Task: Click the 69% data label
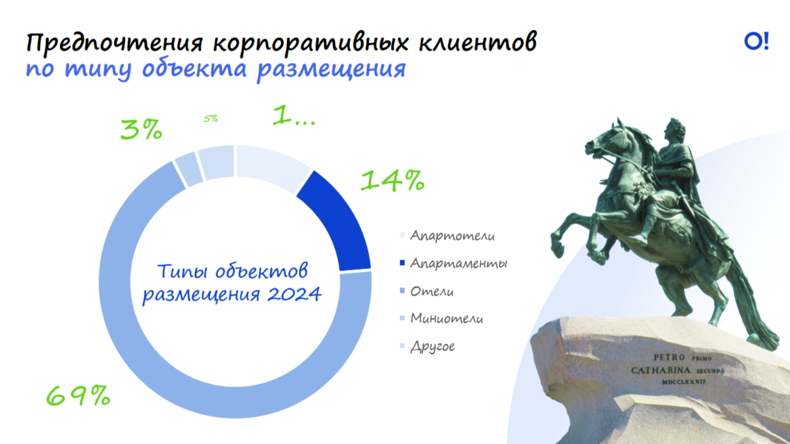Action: (78, 396)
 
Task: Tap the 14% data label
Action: (393, 180)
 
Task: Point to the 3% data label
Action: (141, 129)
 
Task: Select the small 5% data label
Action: (211, 119)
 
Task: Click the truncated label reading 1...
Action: (294, 115)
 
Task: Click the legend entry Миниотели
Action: (441, 319)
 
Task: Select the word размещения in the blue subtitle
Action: (331, 69)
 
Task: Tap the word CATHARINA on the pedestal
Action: (661, 370)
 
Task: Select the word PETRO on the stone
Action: (669, 357)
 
